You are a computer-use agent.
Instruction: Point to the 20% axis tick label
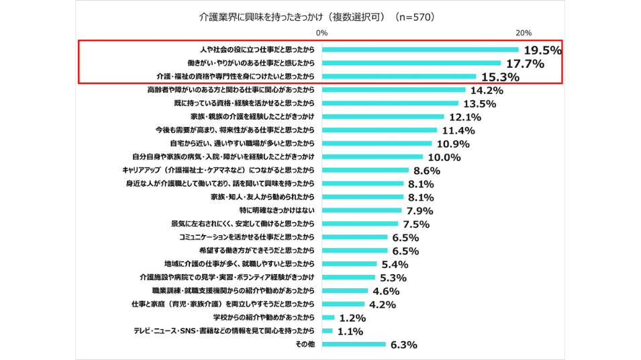click(x=524, y=33)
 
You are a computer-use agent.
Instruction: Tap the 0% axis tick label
click(x=322, y=33)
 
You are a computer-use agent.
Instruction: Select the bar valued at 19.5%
click(x=420, y=50)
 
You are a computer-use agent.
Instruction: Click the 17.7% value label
click(x=524, y=64)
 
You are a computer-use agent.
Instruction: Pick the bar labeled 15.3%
click(x=399, y=77)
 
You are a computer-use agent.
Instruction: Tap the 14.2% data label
click(x=487, y=91)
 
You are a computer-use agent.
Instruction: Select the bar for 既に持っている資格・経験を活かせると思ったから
click(x=390, y=103)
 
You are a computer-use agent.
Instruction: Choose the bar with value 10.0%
click(x=373, y=156)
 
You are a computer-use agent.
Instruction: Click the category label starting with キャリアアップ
click(x=218, y=170)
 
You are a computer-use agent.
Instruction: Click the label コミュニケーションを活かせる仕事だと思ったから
click(x=247, y=237)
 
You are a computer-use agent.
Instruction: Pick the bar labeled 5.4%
click(x=349, y=264)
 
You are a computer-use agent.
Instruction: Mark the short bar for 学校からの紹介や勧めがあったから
click(x=328, y=317)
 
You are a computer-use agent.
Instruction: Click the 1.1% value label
click(x=351, y=331)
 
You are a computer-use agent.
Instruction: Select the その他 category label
click(x=305, y=344)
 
